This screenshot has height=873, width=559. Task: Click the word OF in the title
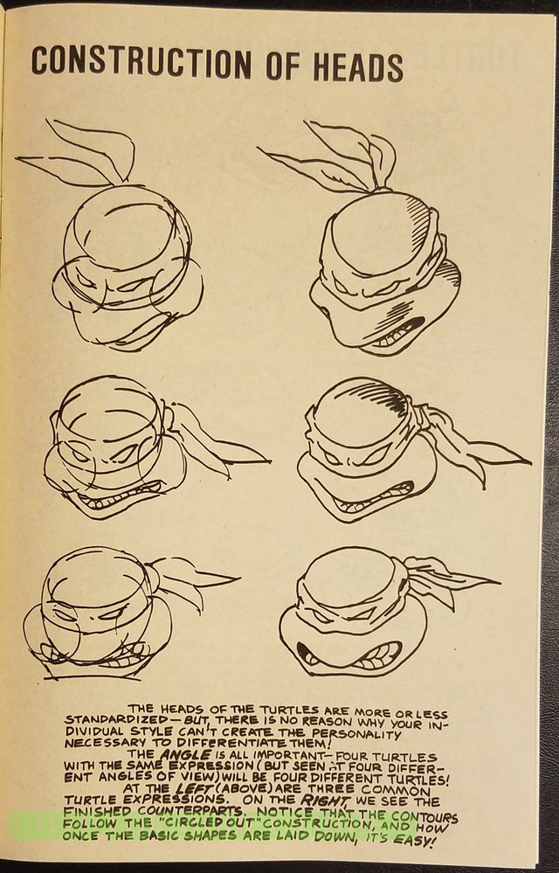click(284, 65)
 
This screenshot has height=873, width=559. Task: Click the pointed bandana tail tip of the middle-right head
click(528, 462)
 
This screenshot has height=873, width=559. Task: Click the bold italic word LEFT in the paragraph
click(194, 789)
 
